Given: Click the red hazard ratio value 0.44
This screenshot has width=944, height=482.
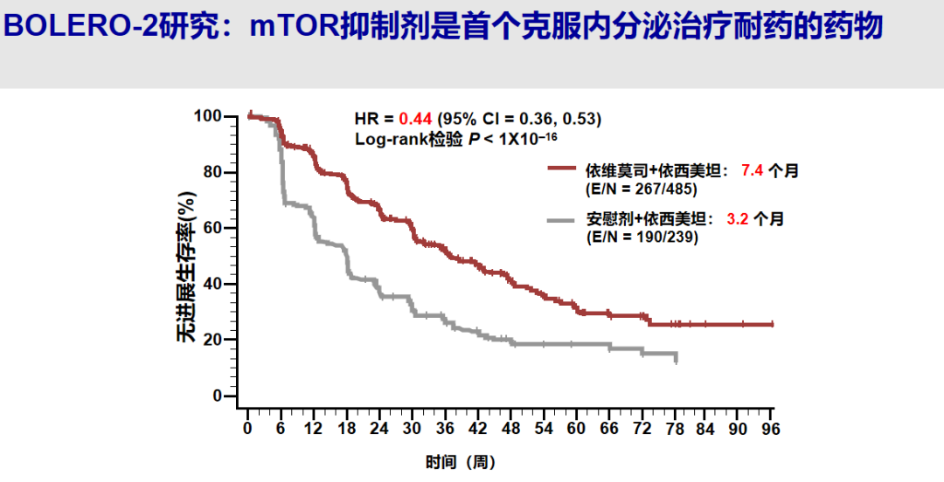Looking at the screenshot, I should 415,119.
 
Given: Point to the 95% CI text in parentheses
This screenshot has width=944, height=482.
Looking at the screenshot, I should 519,119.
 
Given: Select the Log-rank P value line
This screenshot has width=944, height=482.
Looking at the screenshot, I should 455,138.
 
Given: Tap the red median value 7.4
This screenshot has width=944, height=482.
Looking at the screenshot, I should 753,171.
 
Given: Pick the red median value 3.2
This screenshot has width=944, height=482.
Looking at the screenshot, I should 739,219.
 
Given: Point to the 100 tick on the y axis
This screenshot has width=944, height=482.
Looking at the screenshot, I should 209,116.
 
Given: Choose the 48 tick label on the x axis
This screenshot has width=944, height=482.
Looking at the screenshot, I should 510,428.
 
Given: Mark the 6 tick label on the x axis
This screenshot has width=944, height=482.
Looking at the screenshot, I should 281,428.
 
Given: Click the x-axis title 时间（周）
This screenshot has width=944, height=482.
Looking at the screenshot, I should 461,462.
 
